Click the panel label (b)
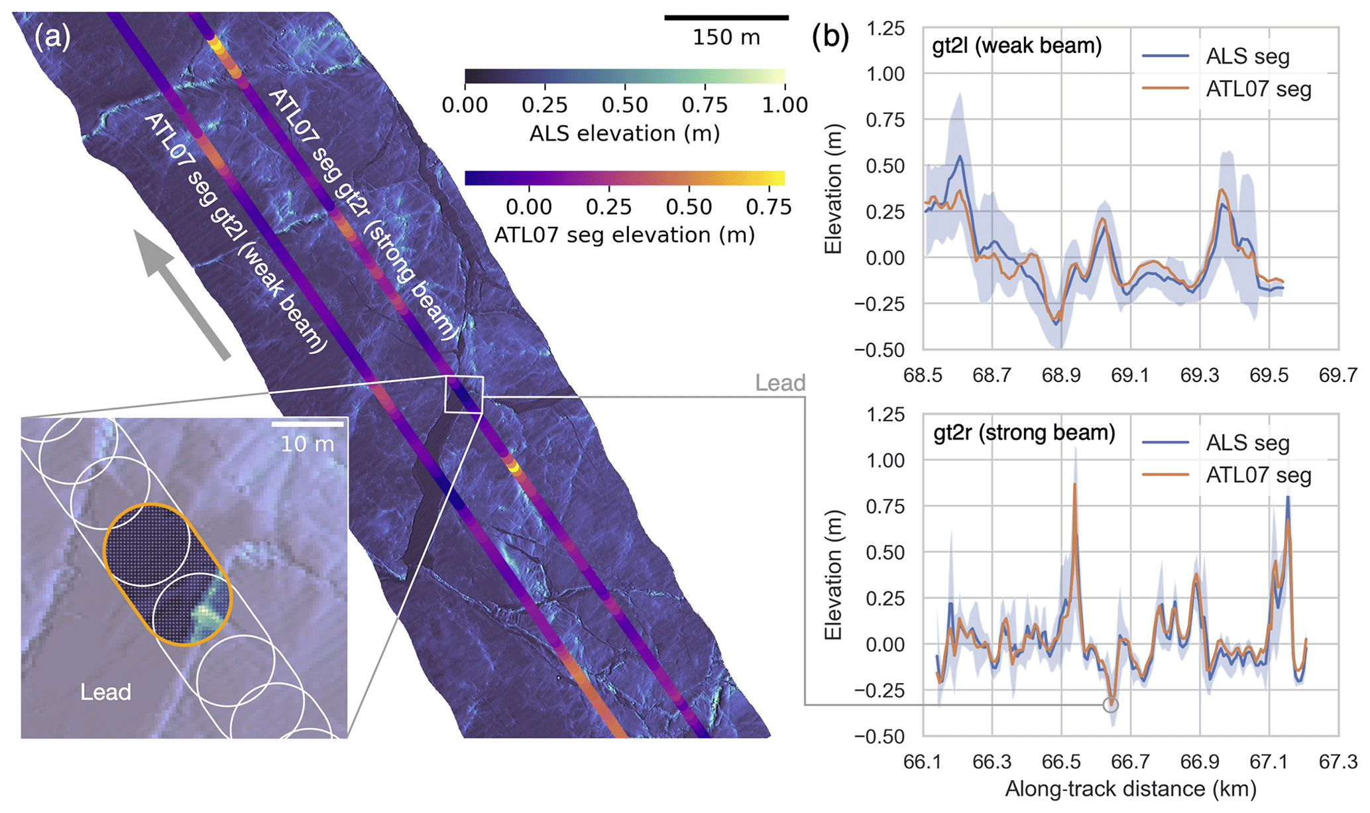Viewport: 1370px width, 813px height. pyautogui.click(x=830, y=38)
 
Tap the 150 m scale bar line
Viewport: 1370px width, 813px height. pyautogui.click(x=726, y=18)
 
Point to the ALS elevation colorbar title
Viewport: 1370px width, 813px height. pyautogui.click(x=624, y=134)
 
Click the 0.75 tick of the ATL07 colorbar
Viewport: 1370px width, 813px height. pyautogui.click(x=769, y=208)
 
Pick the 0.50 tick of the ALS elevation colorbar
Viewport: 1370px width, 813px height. pyautogui.click(x=624, y=105)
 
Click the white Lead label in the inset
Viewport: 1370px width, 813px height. pyautogui.click(x=105, y=692)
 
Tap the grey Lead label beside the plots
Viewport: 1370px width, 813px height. pyautogui.click(x=780, y=383)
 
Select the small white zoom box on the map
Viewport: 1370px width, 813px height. pyautogui.click(x=464, y=395)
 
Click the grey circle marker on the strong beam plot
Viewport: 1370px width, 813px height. pyautogui.click(x=1111, y=704)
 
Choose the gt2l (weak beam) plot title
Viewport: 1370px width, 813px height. pyautogui.click(x=1017, y=46)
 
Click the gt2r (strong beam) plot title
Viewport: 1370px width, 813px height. pyautogui.click(x=1024, y=433)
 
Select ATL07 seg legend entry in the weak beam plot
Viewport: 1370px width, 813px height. pyautogui.click(x=1258, y=90)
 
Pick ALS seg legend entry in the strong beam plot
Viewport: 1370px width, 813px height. pyautogui.click(x=1247, y=443)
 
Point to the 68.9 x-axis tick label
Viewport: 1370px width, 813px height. pyautogui.click(x=1061, y=376)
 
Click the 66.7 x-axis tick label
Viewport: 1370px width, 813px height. pyautogui.click(x=1130, y=762)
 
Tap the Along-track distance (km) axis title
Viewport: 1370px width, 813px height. pyautogui.click(x=1131, y=789)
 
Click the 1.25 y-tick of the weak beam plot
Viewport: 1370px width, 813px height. pyautogui.click(x=885, y=29)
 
